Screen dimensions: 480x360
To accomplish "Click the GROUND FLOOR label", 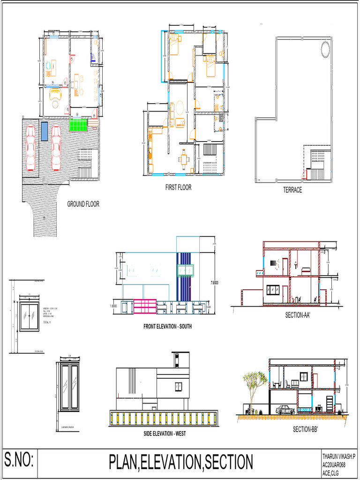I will pos(83,204).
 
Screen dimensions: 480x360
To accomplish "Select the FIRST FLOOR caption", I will pos(178,187).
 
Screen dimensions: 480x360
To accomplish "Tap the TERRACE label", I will pos(292,190).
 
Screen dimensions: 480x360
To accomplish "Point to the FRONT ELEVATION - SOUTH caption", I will pos(167,326).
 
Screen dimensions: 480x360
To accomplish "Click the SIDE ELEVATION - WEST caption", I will pos(165,434).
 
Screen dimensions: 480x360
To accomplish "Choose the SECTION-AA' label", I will pos(298,315).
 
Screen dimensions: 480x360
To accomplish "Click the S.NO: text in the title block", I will pos(19,460).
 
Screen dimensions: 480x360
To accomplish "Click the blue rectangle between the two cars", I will pos(44,131).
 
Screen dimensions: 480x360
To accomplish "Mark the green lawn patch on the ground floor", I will pos(78,125).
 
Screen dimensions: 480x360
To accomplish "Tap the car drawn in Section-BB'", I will pos(285,409).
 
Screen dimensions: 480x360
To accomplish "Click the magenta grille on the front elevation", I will pos(145,306).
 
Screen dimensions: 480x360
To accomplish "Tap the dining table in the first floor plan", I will pos(184,158).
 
